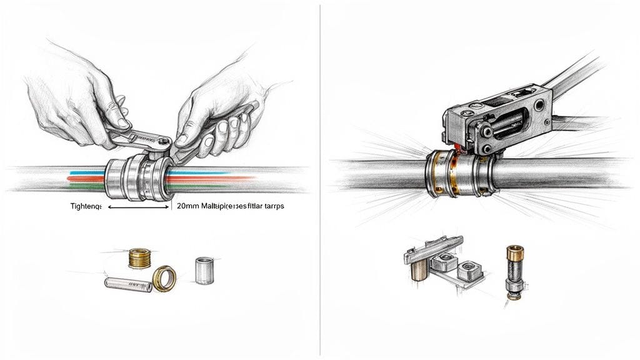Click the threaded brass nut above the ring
(x=140, y=257)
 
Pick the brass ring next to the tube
(x=164, y=278)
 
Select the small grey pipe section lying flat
(x=128, y=285)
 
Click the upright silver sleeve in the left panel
(x=204, y=269)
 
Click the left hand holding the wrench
(x=75, y=100)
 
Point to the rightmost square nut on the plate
(x=467, y=271)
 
